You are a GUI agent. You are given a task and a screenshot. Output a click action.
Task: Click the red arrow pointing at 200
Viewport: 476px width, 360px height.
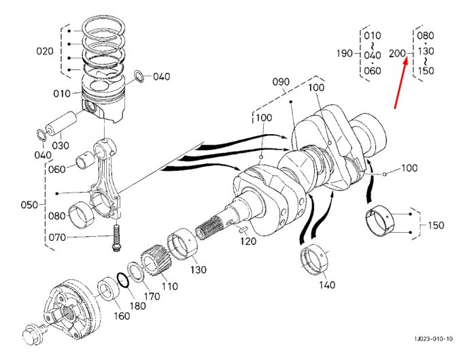[x=401, y=84]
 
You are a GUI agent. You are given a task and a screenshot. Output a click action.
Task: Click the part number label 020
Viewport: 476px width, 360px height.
[x=45, y=51]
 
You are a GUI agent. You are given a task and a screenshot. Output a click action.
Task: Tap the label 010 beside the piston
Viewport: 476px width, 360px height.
[x=62, y=93]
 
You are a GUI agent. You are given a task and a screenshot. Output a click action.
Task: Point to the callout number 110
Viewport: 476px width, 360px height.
[x=169, y=286]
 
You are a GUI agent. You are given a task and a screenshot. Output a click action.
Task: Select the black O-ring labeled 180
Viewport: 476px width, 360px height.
[x=123, y=280]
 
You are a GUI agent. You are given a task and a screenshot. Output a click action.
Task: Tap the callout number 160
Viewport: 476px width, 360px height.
[x=122, y=316]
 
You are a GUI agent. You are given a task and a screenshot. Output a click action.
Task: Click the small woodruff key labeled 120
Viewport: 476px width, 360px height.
[x=243, y=229]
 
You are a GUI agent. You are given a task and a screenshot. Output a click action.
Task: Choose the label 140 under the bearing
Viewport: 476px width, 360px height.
[x=326, y=284]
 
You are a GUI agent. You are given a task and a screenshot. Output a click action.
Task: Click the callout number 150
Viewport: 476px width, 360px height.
[x=436, y=225]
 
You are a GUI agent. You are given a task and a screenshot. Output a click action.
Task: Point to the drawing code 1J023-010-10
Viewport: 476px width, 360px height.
[x=434, y=338]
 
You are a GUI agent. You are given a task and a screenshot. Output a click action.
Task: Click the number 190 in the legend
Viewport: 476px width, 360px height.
[x=345, y=54]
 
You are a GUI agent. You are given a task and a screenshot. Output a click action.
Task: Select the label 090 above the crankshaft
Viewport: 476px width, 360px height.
[x=281, y=82]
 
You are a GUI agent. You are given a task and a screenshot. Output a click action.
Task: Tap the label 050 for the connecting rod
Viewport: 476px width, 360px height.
[x=29, y=204]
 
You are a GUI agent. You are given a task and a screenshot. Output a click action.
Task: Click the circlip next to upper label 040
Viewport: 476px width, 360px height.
[x=139, y=76]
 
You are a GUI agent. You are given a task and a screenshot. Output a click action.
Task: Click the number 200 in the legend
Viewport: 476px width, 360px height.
[x=397, y=54]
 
